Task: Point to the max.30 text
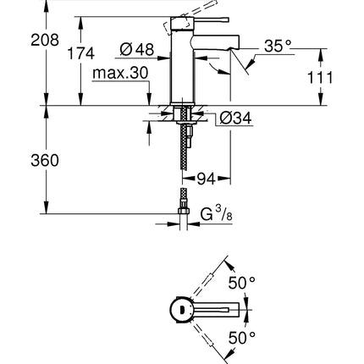(122, 74)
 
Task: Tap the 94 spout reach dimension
(207, 179)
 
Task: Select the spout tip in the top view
(242, 311)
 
